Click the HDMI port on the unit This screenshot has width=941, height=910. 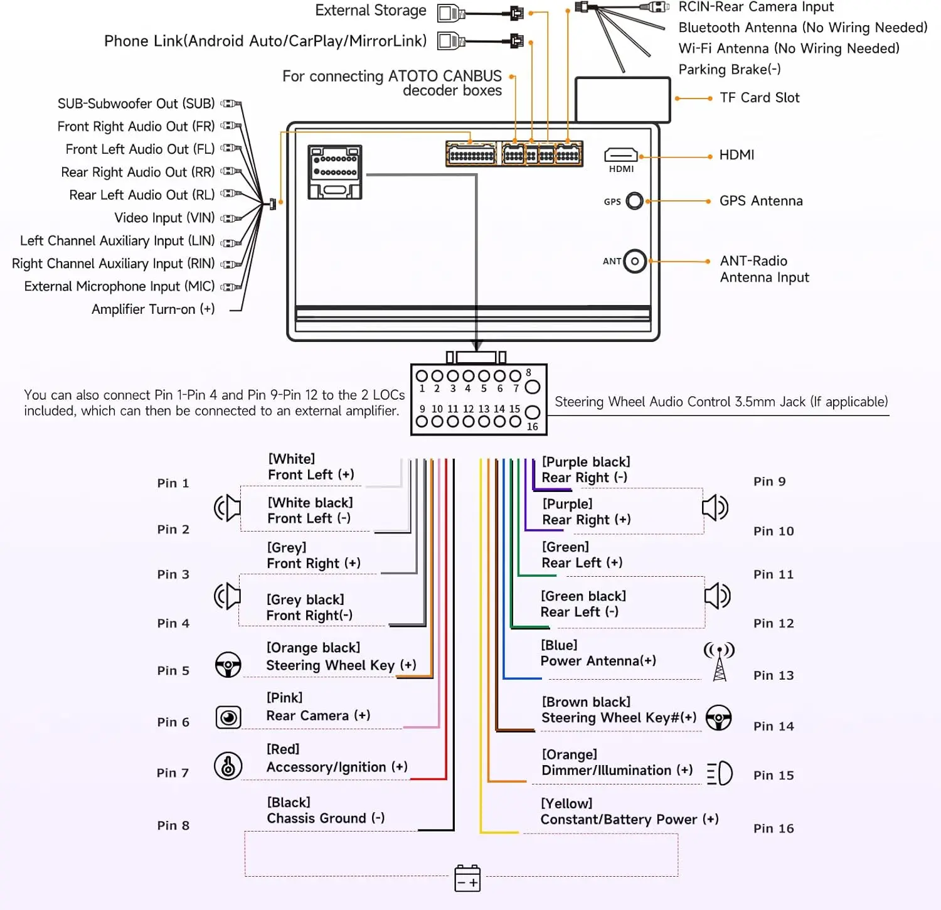click(x=620, y=155)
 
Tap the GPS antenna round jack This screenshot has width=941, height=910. click(x=635, y=201)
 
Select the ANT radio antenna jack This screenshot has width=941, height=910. click(x=635, y=261)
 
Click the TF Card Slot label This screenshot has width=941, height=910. click(x=759, y=98)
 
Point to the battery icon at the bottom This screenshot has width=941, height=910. click(x=467, y=878)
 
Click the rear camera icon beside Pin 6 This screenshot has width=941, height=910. click(x=228, y=717)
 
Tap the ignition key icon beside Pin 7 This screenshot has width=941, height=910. click(x=228, y=766)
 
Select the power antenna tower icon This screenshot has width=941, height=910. click(x=720, y=661)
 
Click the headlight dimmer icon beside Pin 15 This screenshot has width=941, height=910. click(x=720, y=773)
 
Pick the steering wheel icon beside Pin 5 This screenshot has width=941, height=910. click(x=228, y=665)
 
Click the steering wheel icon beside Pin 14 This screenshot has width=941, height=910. click(x=718, y=718)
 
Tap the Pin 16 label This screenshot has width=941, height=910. click(x=774, y=828)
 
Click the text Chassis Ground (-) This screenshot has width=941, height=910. click(x=326, y=818)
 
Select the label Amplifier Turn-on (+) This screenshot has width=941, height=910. click(x=153, y=309)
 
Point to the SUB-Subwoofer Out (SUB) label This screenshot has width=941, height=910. click(x=136, y=104)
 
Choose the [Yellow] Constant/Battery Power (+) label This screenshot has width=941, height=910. click(x=629, y=811)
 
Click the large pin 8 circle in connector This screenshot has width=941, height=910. click(x=532, y=387)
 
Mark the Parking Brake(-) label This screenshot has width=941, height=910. click(x=730, y=70)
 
